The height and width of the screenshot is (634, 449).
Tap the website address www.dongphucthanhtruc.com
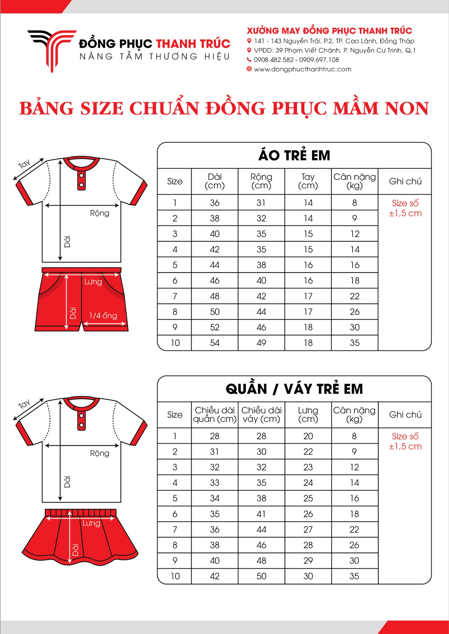[303, 69]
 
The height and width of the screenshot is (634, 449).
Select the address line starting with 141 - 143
[334, 41]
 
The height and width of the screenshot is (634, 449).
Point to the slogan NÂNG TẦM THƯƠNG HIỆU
[155, 57]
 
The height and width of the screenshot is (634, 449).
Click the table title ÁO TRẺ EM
[294, 155]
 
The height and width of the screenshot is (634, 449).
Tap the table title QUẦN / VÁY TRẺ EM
[294, 389]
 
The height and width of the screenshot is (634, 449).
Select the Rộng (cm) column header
[261, 181]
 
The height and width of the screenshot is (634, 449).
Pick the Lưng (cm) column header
[308, 414]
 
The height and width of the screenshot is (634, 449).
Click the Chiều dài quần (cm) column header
[215, 414]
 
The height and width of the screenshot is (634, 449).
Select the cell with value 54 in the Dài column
[215, 343]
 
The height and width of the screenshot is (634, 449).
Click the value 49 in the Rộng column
[261, 343]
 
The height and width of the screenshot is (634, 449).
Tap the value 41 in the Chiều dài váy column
[261, 514]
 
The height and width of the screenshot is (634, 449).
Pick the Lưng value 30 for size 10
[308, 576]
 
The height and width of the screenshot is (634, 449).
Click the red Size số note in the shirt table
[405, 208]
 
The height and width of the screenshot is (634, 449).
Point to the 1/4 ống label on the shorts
[103, 316]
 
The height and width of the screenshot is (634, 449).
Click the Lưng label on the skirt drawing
[91, 523]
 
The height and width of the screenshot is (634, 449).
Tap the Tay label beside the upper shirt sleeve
[24, 164]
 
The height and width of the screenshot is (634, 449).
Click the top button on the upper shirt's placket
[81, 176]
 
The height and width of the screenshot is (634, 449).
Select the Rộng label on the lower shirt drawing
[99, 453]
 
